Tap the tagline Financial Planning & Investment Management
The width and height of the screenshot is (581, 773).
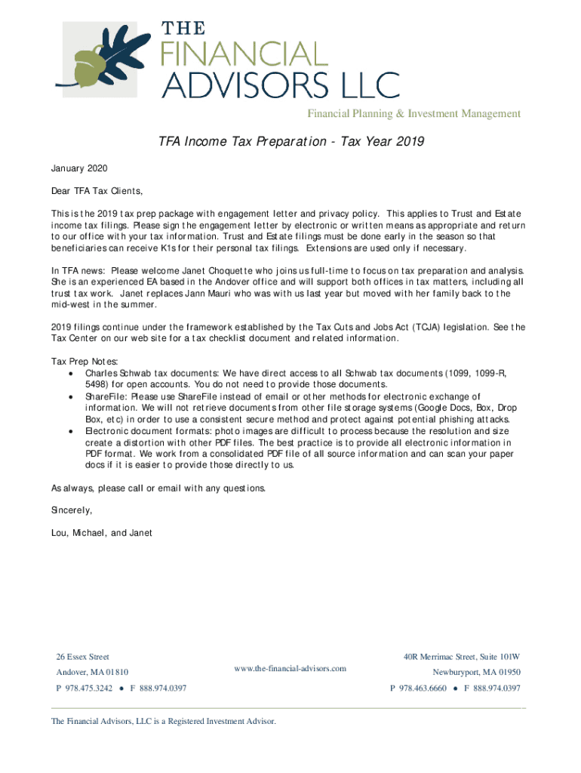[x=413, y=114]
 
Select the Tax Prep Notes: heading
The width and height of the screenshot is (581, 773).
[x=85, y=362]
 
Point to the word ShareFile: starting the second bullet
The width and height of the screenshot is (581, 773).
[x=106, y=396]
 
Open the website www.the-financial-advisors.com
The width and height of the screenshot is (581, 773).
[x=290, y=668]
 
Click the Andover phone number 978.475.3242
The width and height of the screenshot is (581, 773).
[x=88, y=688]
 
